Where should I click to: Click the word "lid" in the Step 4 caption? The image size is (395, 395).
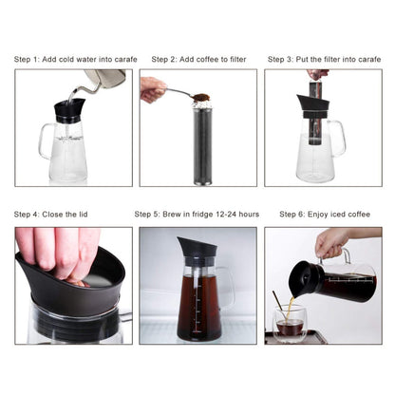coord(83,215)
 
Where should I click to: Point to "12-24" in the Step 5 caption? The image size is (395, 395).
coord(226,215)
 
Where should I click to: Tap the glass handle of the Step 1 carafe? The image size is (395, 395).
coord(46,141)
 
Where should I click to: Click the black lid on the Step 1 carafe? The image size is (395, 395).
coord(69,110)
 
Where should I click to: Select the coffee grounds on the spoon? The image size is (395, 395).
coord(200,97)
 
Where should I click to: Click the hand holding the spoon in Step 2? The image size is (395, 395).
coord(153,89)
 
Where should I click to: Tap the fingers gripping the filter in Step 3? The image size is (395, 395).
coord(317,75)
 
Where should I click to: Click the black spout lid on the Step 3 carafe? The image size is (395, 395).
coord(313,106)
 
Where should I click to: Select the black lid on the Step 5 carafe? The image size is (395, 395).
coord(197,251)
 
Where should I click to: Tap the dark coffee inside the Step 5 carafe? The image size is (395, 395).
coord(198,308)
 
